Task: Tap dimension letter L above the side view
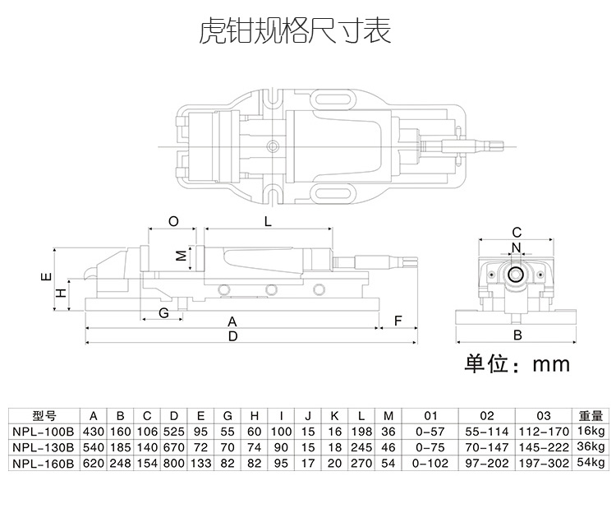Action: tap(268, 221)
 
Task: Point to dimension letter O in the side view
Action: tap(172, 221)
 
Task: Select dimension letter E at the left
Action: tap(46, 278)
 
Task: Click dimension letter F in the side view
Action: tap(397, 321)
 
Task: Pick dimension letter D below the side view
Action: tap(232, 336)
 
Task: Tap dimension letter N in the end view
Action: tap(516, 247)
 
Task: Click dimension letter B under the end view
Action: tap(517, 335)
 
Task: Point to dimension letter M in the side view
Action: tap(182, 255)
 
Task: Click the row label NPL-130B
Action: tap(44, 447)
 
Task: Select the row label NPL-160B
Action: tap(44, 464)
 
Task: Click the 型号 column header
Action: tap(44, 416)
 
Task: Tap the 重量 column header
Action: tap(591, 416)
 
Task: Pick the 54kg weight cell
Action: tap(591, 464)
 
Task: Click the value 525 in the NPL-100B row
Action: tap(173, 432)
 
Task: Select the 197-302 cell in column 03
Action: tap(543, 464)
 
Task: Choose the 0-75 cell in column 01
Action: tap(431, 447)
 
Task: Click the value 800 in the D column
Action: tap(173, 464)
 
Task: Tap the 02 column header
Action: tap(486, 416)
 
